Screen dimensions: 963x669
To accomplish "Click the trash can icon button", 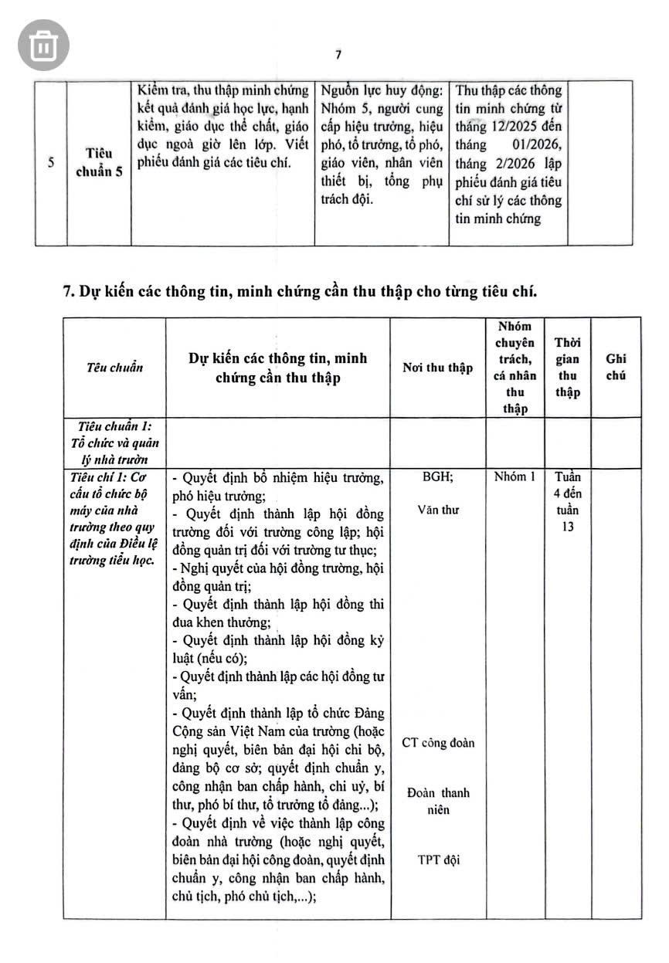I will [x=42, y=45].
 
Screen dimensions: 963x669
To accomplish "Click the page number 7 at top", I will [x=338, y=55].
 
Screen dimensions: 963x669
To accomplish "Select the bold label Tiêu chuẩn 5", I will [x=99, y=162].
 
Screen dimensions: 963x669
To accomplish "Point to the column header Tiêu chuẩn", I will [x=114, y=368].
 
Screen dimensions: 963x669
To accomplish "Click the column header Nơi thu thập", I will [x=437, y=368].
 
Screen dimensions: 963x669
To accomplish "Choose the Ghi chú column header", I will [x=616, y=368].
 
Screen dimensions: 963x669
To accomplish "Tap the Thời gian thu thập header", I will [x=568, y=368].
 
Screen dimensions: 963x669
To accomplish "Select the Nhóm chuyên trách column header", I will [x=514, y=368].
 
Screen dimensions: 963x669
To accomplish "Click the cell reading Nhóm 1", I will [x=514, y=477].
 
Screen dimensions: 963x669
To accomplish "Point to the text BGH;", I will [x=437, y=477].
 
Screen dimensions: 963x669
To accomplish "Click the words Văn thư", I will [x=437, y=510].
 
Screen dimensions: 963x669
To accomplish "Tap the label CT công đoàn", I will [x=438, y=743].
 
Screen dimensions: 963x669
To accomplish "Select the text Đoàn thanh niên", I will [x=438, y=801].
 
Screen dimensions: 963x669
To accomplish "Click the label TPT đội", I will [x=438, y=860].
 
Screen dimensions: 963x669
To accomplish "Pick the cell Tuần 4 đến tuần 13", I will [x=568, y=502].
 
